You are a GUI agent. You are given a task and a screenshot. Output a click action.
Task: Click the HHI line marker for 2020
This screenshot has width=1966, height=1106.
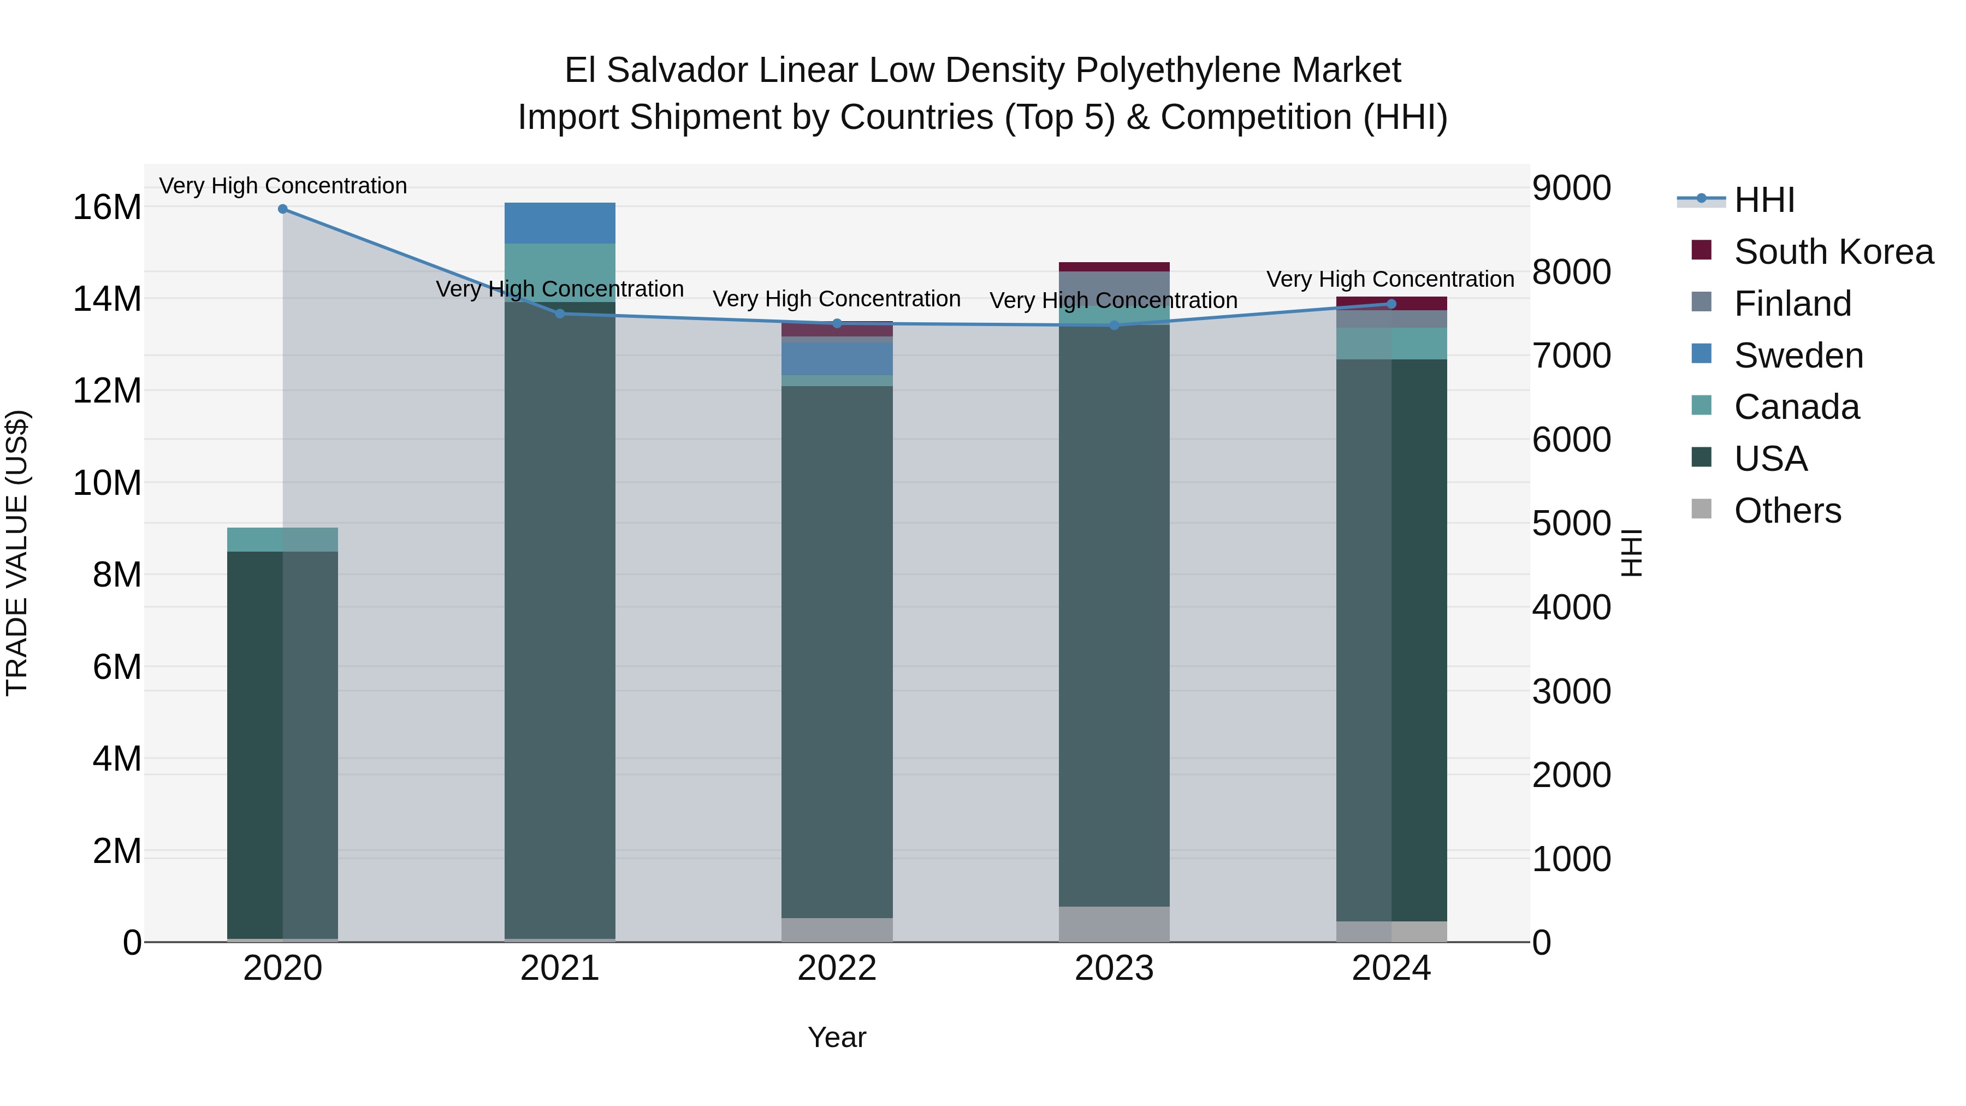click(x=282, y=209)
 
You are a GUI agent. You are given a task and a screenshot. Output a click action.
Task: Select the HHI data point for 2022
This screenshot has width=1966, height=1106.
click(x=837, y=324)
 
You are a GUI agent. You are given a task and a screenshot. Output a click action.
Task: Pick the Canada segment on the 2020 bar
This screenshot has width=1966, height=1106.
click(x=282, y=540)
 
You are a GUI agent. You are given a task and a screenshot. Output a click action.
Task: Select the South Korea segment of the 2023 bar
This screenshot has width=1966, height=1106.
click(x=1114, y=267)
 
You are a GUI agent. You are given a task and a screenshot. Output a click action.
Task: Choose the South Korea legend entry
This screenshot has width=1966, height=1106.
click(x=1833, y=252)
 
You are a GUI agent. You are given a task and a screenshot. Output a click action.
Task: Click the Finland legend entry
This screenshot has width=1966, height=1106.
click(x=1792, y=304)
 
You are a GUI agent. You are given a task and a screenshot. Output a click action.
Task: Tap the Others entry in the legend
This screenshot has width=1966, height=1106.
click(x=1787, y=511)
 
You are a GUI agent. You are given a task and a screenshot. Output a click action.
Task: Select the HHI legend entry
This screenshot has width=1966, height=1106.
click(x=1764, y=200)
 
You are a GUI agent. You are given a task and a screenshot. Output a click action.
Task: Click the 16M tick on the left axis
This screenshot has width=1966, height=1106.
click(x=107, y=208)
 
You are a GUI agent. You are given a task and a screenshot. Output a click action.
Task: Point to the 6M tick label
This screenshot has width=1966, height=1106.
click(x=117, y=667)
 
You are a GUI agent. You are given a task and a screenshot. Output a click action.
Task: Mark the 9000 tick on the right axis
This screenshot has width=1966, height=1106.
click(x=1571, y=188)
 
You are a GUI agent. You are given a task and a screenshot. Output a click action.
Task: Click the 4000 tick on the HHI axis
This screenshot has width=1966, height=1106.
click(x=1571, y=608)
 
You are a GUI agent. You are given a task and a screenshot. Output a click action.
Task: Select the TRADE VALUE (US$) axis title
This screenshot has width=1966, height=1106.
click(x=17, y=553)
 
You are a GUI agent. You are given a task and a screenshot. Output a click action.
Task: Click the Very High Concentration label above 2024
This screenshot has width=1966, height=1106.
click(x=1390, y=279)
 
